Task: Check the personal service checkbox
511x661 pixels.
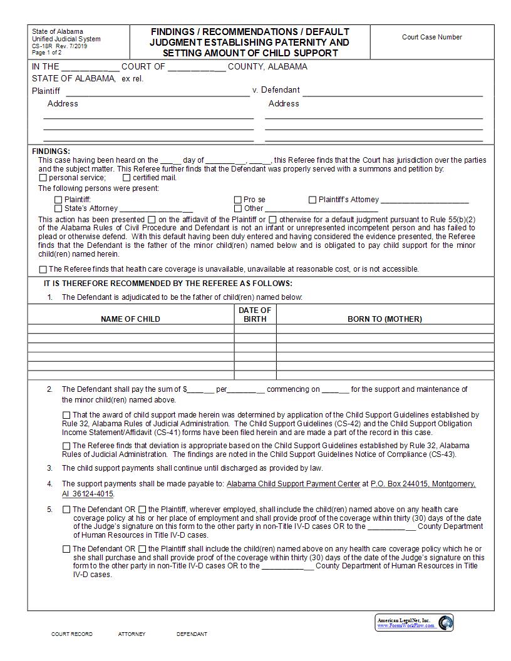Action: click(x=43, y=178)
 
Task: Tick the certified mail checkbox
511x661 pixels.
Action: click(x=126, y=178)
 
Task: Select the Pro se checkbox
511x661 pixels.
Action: click(x=238, y=200)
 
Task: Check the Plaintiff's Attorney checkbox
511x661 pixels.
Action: click(x=312, y=200)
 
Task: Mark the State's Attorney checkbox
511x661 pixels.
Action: click(x=59, y=208)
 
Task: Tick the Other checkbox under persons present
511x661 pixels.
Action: click(x=238, y=208)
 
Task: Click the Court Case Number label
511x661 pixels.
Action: click(x=431, y=37)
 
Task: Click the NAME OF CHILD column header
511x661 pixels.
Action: click(x=130, y=319)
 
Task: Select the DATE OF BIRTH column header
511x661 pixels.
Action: click(x=255, y=314)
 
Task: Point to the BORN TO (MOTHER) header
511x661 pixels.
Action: click(x=385, y=319)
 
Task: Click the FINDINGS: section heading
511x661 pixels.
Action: click(x=51, y=151)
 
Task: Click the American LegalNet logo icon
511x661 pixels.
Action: click(x=445, y=623)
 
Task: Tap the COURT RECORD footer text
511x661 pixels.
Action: click(x=71, y=634)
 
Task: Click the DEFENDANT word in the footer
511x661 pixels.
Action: click(x=192, y=634)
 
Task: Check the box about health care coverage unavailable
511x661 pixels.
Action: click(x=43, y=269)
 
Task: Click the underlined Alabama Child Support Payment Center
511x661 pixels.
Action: click(x=293, y=484)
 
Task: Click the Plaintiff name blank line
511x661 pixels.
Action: click(x=158, y=91)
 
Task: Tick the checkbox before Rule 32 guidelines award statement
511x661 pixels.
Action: click(x=66, y=415)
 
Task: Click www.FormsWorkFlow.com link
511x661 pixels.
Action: click(x=405, y=626)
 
